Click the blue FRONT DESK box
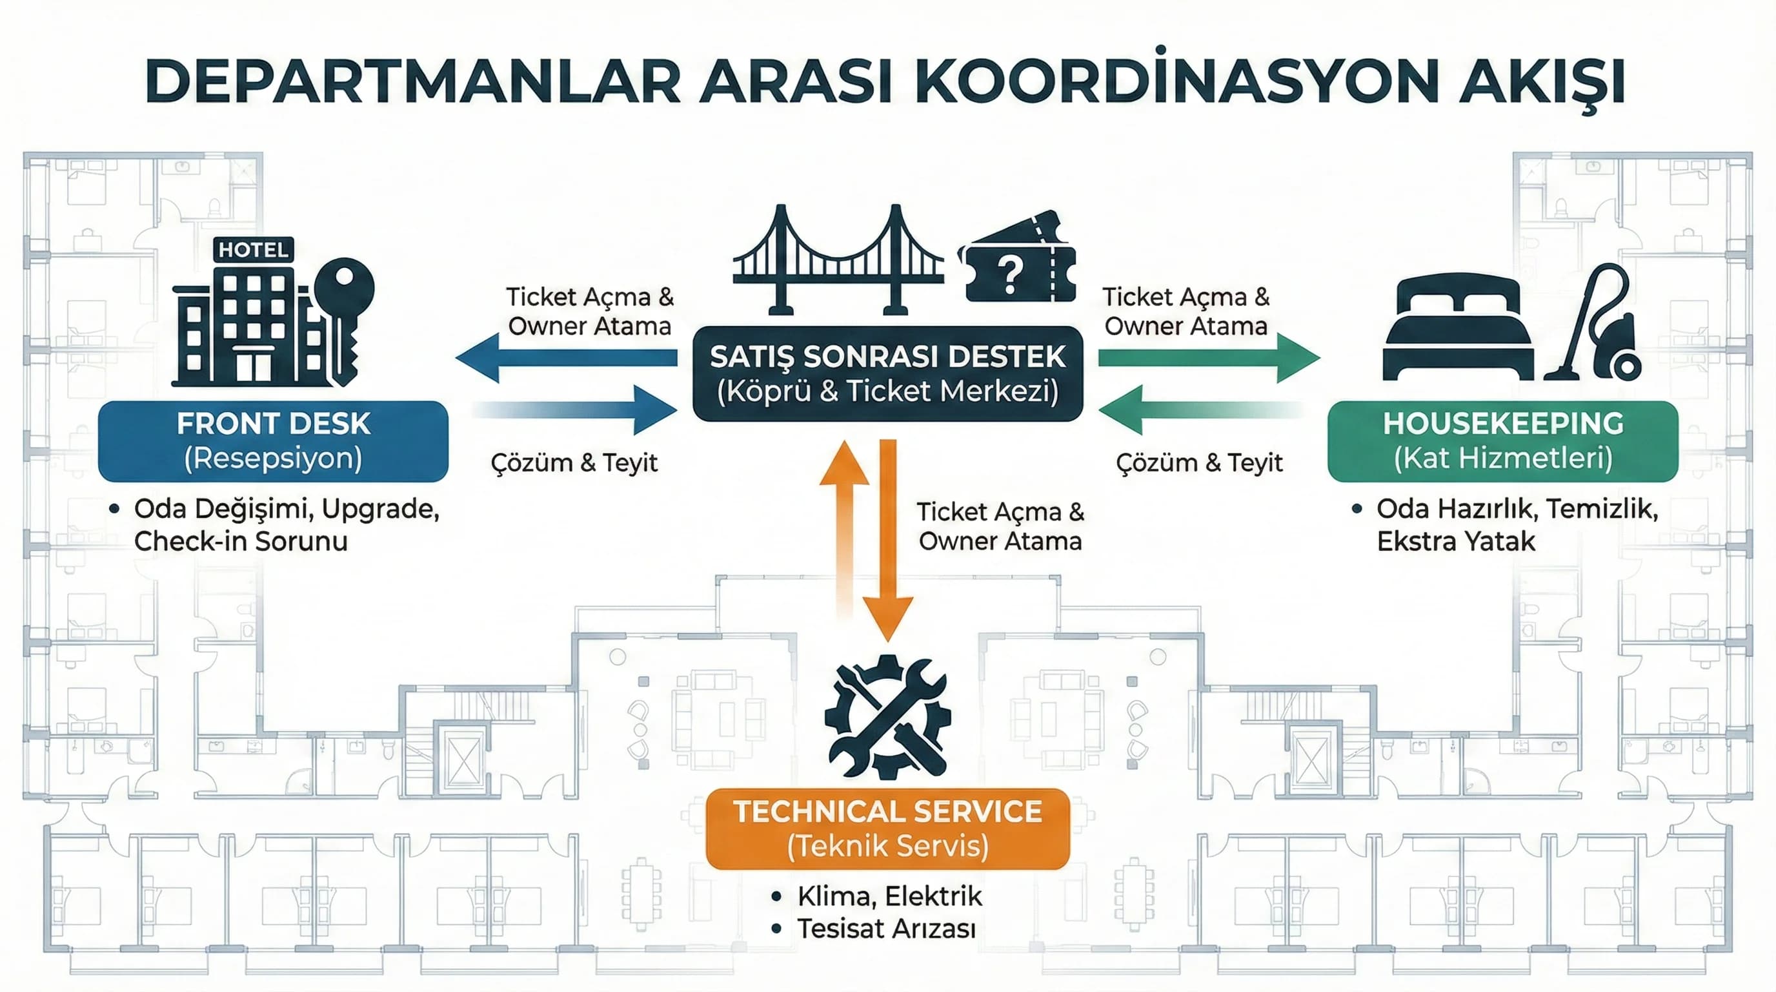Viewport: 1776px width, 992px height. point(273,441)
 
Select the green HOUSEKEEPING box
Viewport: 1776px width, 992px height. point(1502,441)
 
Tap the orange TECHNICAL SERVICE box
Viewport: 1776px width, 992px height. point(887,829)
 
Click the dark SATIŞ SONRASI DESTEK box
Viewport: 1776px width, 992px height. point(887,373)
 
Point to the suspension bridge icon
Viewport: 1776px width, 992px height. point(837,262)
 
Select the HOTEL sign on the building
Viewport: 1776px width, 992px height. point(253,250)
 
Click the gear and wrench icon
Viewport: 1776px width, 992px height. point(887,718)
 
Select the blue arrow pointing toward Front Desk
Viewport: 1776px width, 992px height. point(565,357)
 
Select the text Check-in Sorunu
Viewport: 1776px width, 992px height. point(241,541)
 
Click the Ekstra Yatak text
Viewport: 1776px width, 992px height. point(1455,541)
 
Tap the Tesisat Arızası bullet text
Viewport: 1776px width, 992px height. point(886,929)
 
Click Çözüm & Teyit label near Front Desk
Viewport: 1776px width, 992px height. point(574,462)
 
